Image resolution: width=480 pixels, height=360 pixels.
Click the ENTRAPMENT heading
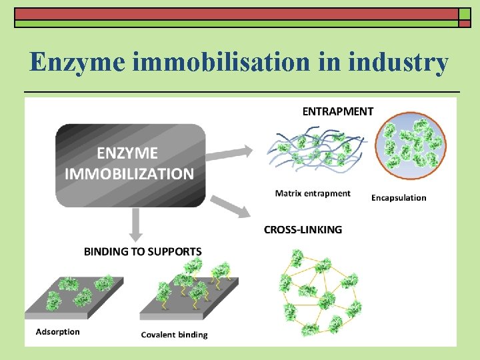(x=338, y=111)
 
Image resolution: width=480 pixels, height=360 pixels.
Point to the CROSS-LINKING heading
(x=303, y=229)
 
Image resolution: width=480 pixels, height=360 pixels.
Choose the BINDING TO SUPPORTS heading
(x=143, y=251)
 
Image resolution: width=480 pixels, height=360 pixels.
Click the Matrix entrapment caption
(x=313, y=193)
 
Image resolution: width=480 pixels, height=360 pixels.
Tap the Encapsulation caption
(x=399, y=197)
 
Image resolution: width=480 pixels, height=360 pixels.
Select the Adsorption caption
(x=57, y=331)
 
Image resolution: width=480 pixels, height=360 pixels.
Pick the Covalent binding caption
(x=174, y=334)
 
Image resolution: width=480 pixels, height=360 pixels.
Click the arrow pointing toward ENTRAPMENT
(x=230, y=153)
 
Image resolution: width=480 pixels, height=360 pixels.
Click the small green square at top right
(x=464, y=23)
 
